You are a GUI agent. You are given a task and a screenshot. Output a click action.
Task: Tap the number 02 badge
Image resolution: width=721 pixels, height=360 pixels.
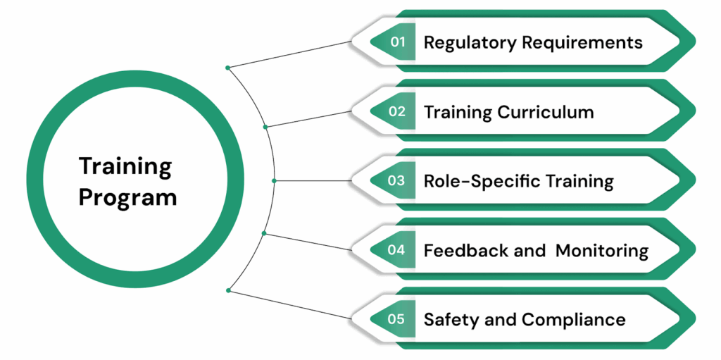[x=397, y=111]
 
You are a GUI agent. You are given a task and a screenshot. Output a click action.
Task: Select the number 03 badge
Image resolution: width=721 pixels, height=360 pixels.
[x=396, y=180]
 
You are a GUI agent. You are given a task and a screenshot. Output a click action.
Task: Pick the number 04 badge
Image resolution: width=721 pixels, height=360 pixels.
[x=396, y=249]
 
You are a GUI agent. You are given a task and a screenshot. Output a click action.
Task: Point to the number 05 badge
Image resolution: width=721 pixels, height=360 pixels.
[x=396, y=318]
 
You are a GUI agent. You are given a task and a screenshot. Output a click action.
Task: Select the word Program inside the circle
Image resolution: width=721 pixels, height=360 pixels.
[x=127, y=198]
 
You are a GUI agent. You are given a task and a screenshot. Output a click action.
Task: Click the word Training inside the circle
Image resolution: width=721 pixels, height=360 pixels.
[x=125, y=167]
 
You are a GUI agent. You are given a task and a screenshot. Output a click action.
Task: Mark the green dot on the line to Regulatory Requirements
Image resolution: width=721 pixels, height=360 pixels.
[x=227, y=68]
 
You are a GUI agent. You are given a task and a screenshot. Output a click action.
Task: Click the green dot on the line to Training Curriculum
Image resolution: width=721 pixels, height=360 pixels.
[x=265, y=128]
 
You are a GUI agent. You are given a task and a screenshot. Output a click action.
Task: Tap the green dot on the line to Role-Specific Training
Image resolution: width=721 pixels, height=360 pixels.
[x=274, y=181]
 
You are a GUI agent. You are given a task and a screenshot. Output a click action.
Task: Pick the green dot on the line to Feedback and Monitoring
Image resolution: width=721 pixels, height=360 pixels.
[x=264, y=233]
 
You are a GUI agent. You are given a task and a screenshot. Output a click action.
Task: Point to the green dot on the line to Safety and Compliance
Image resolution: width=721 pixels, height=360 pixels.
[x=227, y=290]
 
